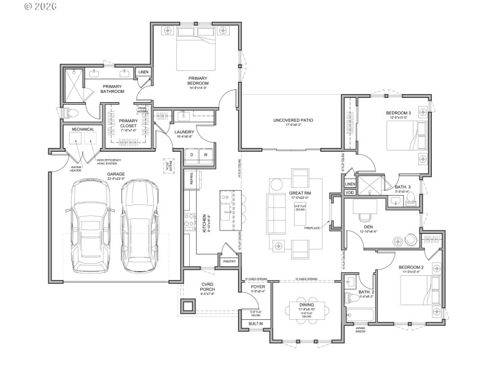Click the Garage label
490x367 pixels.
(116, 174)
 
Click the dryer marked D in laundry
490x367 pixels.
(192, 155)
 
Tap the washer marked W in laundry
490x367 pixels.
(206, 155)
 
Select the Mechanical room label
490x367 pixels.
(83, 129)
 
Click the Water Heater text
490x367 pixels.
(77, 168)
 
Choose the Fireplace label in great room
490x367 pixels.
(312, 228)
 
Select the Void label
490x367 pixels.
(350, 193)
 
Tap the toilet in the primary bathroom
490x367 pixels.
(71, 113)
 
